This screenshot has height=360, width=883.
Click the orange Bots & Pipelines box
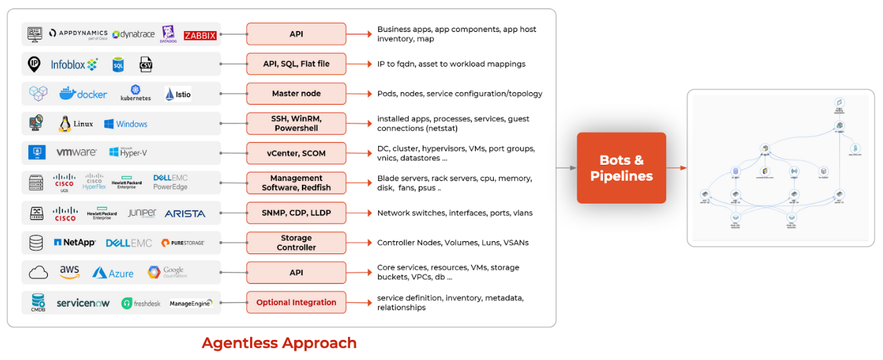point(621,168)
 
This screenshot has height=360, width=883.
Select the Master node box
point(296,94)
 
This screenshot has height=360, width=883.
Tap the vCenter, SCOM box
point(296,153)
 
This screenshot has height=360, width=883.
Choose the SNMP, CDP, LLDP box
point(296,213)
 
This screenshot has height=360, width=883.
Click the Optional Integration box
point(296,302)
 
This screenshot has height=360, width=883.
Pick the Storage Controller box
point(296,242)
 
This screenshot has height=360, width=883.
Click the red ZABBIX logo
point(200,36)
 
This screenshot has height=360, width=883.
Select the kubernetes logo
point(136,93)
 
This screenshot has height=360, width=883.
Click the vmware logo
point(76,153)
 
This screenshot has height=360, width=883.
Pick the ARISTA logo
point(185,213)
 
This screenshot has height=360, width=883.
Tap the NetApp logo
point(75,242)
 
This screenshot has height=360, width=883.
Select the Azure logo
point(113,273)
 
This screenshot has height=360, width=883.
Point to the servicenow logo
point(83,302)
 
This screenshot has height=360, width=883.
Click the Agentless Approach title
point(279,343)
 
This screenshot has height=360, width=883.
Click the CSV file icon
point(146,64)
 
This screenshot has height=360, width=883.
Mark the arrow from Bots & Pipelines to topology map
point(676,168)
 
